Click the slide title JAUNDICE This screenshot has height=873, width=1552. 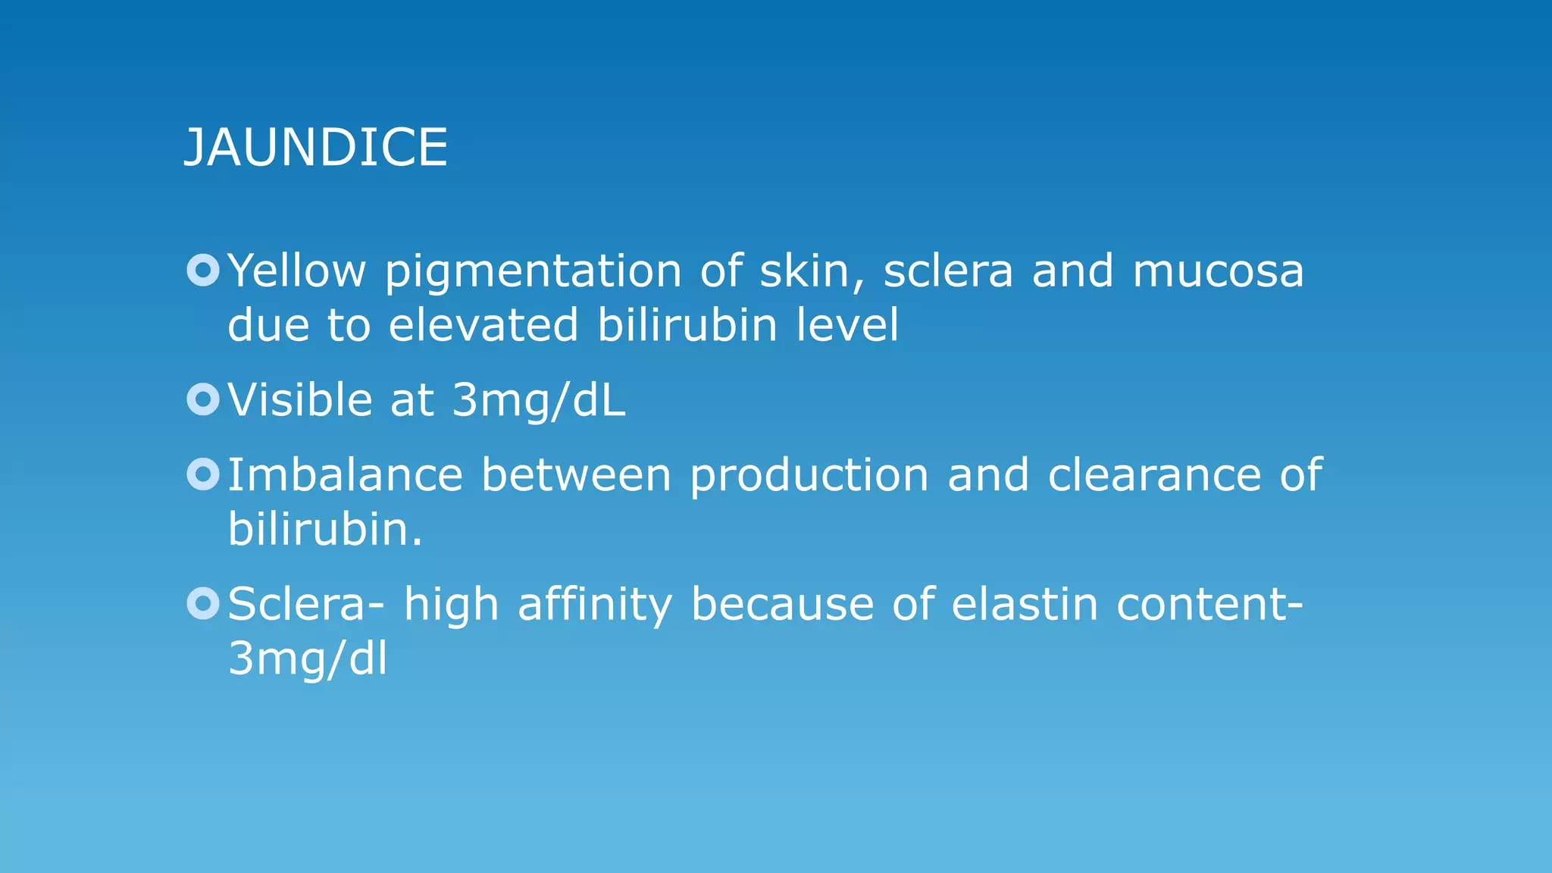click(316, 147)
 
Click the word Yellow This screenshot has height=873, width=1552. click(296, 271)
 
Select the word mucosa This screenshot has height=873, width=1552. click(1218, 271)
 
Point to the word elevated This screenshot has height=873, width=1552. click(483, 325)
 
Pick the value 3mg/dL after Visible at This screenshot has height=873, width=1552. click(538, 400)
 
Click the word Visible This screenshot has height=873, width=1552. click(299, 399)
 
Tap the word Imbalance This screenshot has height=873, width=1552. click(345, 475)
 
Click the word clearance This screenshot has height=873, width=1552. click(1154, 475)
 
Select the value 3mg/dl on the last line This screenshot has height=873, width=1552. click(308, 659)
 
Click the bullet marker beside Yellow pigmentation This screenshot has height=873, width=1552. click(203, 270)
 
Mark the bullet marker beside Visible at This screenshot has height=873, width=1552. click(203, 399)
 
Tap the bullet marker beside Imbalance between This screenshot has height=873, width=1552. click(203, 474)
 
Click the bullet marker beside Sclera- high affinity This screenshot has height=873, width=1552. click(203, 603)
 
